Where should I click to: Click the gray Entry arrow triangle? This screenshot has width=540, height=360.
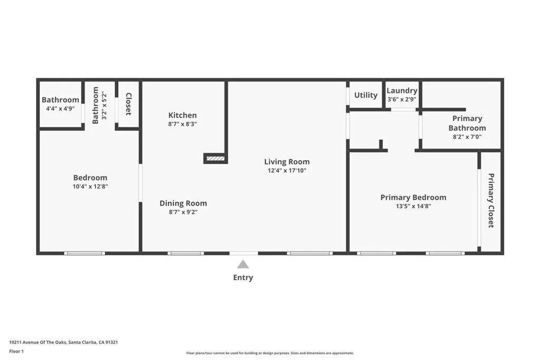pos(243,265)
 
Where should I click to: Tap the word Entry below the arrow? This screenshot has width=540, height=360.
pos(243,278)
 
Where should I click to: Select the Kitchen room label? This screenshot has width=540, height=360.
pos(182,115)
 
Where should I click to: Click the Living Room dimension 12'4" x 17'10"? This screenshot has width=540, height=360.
pos(287,171)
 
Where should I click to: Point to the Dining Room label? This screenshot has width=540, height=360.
pos(183,203)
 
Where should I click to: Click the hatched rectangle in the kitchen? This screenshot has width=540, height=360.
pos(215,158)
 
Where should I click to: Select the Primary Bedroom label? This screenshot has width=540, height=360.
pos(413,198)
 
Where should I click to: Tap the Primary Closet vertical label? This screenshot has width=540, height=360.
pos(491,200)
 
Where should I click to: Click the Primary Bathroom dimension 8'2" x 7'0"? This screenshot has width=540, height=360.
pos(467,137)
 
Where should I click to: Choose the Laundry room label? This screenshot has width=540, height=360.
pos(402,91)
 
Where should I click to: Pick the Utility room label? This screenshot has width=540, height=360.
pos(365,95)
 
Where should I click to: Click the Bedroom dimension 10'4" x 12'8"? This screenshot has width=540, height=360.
pos(90,187)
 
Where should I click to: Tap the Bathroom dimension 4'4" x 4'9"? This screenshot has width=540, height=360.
pos(60,109)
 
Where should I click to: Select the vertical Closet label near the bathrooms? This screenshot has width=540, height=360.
pos(128,104)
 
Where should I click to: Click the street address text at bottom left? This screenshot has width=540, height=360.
pos(63,342)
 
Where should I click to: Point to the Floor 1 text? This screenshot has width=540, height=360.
pos(17,352)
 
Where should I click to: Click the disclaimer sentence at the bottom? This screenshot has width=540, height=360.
pos(269,353)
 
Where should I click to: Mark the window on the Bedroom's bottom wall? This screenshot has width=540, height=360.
pos(84,254)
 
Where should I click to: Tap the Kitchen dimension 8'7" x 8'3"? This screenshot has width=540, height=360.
pos(182,124)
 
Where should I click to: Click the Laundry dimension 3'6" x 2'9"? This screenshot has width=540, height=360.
pos(402,99)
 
